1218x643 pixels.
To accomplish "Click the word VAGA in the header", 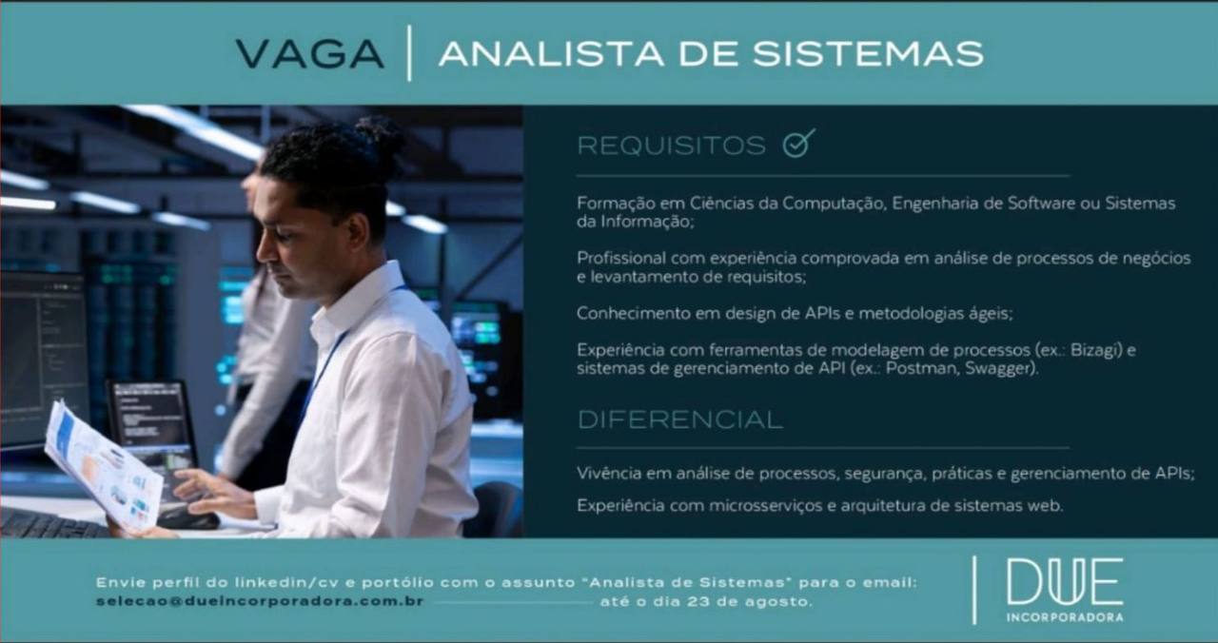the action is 310,54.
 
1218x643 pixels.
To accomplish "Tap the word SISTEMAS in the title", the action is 869,54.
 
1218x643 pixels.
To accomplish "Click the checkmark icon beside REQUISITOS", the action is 798,144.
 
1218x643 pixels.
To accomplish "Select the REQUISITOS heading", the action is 671,146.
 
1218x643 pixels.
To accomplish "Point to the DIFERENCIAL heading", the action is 679,419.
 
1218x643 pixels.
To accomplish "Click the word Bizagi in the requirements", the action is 1093,349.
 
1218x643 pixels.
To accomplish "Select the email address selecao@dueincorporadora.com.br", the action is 260,602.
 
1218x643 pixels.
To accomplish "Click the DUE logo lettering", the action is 1065,581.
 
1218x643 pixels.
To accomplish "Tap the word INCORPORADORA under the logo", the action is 1065,617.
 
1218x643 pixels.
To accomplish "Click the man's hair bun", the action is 383,140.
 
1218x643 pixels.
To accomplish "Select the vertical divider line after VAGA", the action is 409,53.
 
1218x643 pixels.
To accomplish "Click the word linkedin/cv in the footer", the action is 287,582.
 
